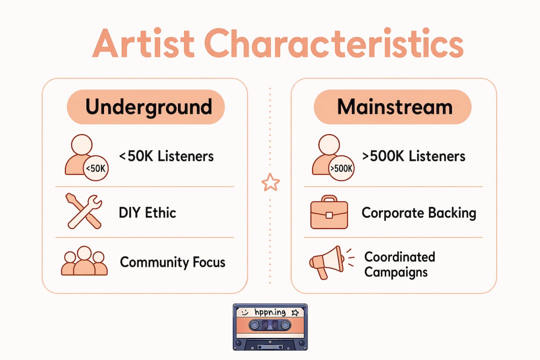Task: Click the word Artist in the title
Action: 143,44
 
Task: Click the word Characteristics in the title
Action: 333,43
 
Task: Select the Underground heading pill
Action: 145,107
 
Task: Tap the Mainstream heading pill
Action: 392,107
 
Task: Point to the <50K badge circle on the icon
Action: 96,168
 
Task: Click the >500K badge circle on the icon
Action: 341,168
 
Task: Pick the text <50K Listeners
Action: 166,156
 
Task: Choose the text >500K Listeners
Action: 413,156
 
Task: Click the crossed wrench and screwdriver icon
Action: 84,211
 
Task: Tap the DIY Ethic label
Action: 147,213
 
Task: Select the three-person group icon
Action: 84,261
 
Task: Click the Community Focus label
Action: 172,262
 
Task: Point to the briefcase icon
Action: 329,212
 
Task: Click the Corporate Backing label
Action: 419,213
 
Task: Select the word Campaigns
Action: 396,272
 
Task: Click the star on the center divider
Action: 270,182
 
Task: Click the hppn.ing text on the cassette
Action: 270,312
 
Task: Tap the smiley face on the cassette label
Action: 245,312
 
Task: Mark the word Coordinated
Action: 400,257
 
